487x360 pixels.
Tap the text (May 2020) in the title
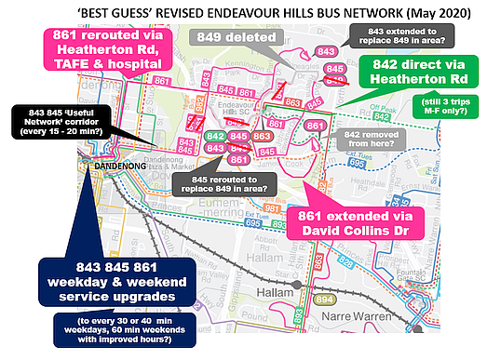[x=444, y=12]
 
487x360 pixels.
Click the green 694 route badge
[x=322, y=300]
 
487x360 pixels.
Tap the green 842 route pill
[x=214, y=136]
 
